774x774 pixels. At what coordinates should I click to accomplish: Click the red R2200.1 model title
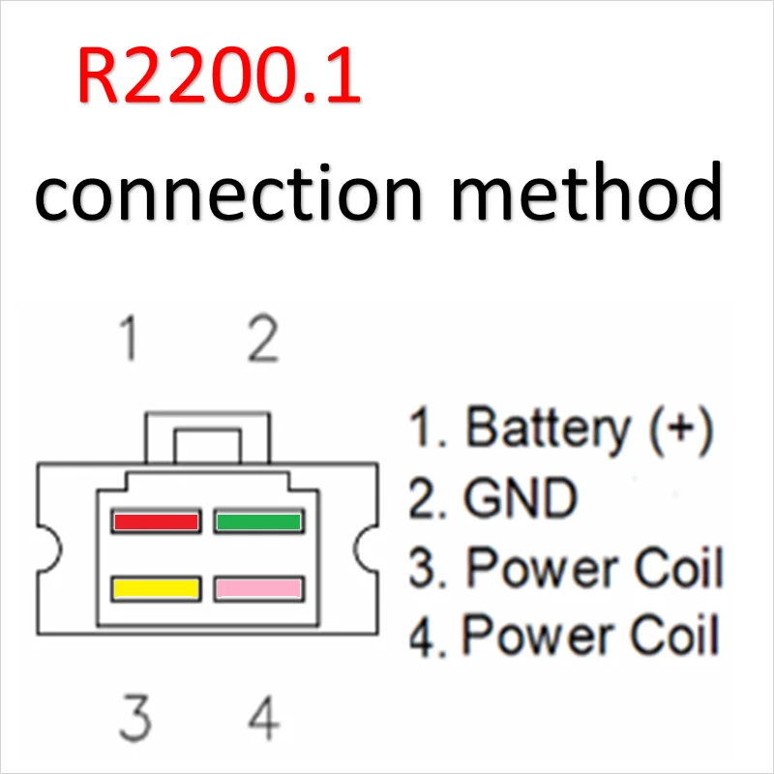tap(220, 75)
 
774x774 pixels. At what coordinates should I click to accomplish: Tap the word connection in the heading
tap(228, 193)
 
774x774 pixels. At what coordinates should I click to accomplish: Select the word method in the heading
tap(587, 191)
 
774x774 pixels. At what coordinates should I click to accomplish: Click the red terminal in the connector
tap(156, 521)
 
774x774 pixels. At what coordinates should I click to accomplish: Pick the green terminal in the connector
tap(258, 521)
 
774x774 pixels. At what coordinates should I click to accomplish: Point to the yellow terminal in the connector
tap(156, 588)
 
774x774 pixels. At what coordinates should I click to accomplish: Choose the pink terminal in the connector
tap(258, 588)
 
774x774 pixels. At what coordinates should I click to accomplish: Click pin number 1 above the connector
tap(130, 338)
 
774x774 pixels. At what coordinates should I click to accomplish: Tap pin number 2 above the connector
tap(263, 338)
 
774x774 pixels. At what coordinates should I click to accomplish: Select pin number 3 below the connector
tap(134, 717)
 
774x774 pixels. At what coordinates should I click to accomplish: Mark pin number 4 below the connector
tap(264, 717)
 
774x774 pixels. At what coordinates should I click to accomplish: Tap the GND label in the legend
tap(521, 498)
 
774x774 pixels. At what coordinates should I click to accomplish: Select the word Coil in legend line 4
tap(674, 635)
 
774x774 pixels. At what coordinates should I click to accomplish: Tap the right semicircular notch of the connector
tap(366, 549)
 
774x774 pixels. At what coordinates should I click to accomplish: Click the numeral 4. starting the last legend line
tap(428, 637)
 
